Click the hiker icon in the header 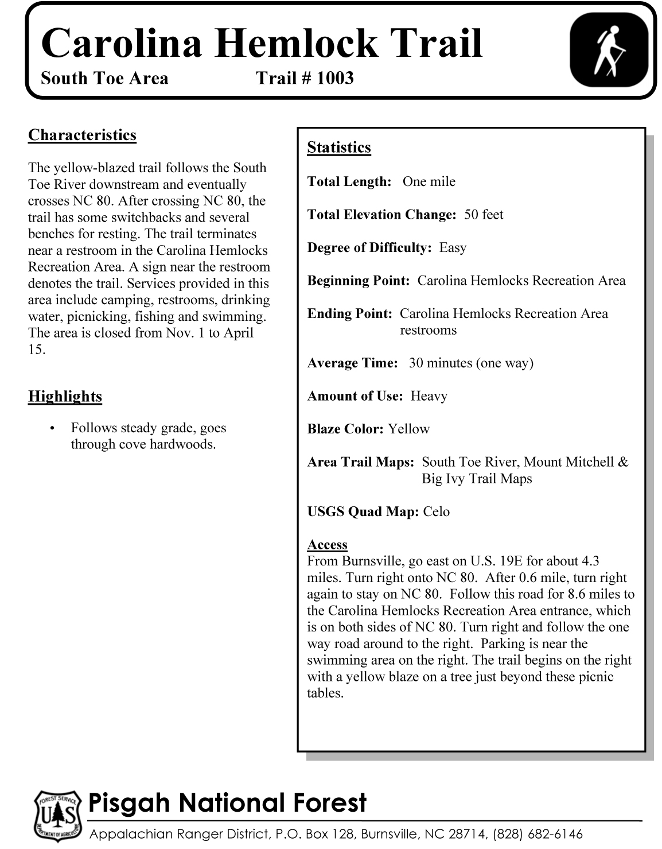(608, 51)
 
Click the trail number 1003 (335, 78)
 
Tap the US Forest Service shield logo (56, 816)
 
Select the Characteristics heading (82, 135)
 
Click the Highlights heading (65, 397)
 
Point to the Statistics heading (339, 148)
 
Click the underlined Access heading (327, 545)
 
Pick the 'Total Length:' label (349, 182)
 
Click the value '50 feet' (484, 215)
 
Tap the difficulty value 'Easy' (453, 248)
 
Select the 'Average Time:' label (352, 363)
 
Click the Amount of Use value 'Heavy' (429, 396)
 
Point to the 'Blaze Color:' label (345, 429)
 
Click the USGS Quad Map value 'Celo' (436, 512)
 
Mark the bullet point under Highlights (53, 429)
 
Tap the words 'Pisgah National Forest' (227, 803)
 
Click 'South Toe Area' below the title (104, 78)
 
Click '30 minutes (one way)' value (471, 363)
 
